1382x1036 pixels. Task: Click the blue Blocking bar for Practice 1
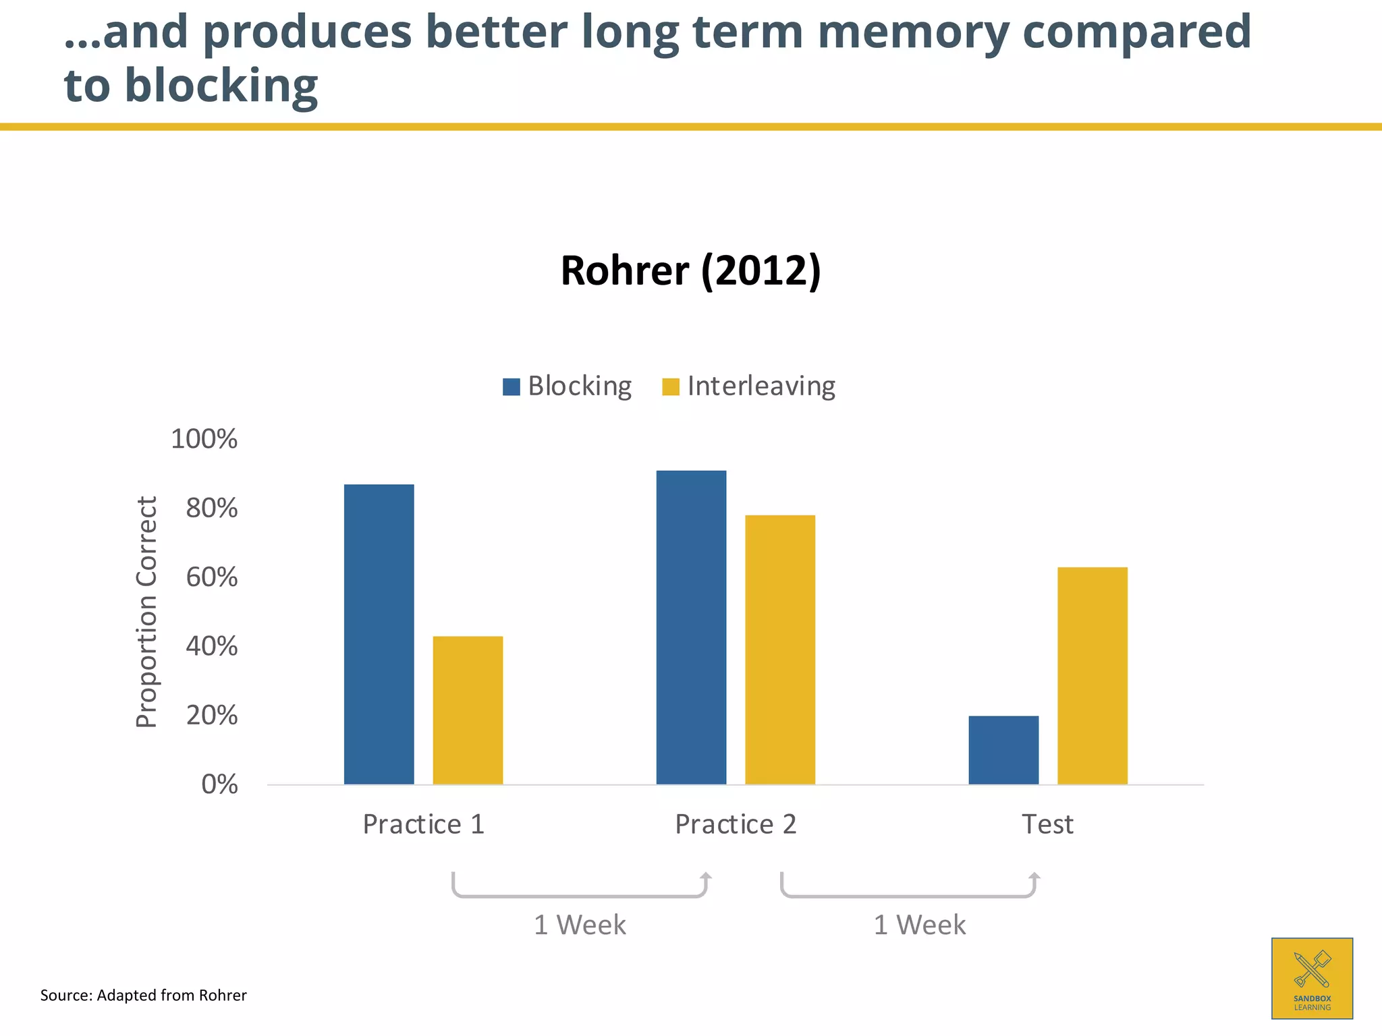(379, 634)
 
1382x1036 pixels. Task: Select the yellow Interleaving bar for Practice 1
(468, 710)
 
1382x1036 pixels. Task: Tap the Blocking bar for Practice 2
(691, 627)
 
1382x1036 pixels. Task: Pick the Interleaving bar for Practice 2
(780, 650)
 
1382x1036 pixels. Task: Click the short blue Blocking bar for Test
(1003, 750)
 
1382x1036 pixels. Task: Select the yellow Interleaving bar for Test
(1092, 676)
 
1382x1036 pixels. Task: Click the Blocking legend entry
(568, 386)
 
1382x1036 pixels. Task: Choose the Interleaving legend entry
(749, 386)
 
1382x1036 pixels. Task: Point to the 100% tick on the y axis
(204, 439)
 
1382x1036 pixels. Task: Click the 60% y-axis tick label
(212, 577)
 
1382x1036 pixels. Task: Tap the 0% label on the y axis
(219, 784)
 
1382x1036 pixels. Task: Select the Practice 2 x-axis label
(736, 824)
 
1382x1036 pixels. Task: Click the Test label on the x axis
(1047, 824)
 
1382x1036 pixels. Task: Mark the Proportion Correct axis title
(146, 612)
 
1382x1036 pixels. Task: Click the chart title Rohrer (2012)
(690, 270)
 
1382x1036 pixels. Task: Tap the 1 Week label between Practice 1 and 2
(580, 925)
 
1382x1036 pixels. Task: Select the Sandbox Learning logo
(1312, 978)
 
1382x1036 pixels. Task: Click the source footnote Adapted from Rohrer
(143, 996)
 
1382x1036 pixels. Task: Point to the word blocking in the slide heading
(221, 86)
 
